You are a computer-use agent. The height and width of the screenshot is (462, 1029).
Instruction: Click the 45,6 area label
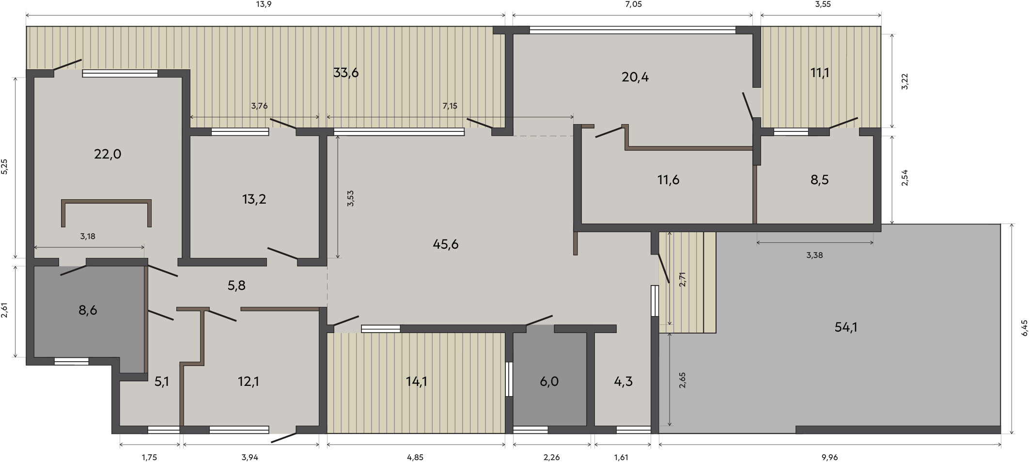(x=446, y=244)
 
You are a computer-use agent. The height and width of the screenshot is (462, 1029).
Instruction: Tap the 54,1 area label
(x=846, y=327)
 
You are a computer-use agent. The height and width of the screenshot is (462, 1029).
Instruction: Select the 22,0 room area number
(x=108, y=154)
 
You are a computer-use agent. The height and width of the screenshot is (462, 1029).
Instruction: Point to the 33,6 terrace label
(x=346, y=73)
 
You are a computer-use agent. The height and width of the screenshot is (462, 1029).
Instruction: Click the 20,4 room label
(x=635, y=77)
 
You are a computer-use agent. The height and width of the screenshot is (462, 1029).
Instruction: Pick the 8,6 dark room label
(x=88, y=310)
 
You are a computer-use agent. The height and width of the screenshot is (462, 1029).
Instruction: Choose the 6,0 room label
(x=549, y=382)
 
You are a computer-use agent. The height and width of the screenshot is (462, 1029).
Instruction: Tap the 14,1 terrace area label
(x=416, y=382)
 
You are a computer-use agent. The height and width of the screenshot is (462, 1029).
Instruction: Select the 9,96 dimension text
(x=829, y=457)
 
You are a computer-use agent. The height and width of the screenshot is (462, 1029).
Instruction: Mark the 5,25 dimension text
(x=4, y=167)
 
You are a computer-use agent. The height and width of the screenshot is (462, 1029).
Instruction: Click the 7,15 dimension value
(x=450, y=106)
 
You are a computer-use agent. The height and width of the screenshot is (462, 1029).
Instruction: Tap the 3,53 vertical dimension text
(x=350, y=199)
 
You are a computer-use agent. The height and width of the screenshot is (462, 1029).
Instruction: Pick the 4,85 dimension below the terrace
(x=415, y=457)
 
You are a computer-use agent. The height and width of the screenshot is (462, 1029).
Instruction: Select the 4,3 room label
(x=623, y=382)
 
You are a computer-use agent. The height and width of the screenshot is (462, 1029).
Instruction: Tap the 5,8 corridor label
(x=236, y=286)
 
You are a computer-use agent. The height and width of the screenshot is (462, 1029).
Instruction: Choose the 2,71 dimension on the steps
(x=683, y=279)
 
